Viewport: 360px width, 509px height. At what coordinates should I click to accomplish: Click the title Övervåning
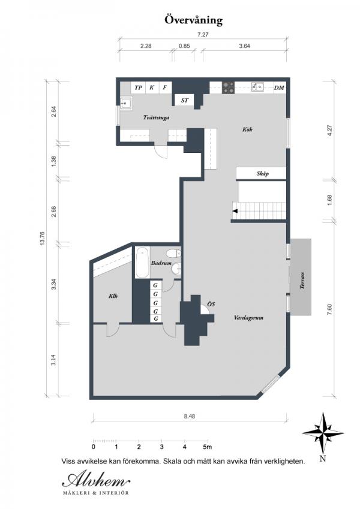194,20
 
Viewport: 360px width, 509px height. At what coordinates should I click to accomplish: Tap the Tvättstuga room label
156,117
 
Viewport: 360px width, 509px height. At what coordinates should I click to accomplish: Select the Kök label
247,129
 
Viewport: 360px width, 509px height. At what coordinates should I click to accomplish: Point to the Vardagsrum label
248,318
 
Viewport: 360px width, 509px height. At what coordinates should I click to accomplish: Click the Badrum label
161,263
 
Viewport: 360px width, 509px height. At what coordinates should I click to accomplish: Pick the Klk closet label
113,296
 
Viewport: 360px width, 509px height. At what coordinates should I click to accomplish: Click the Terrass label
302,281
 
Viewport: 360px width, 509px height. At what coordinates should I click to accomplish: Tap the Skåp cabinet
261,173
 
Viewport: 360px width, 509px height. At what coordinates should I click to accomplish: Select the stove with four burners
229,88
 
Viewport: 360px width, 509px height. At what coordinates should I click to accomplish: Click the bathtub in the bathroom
142,263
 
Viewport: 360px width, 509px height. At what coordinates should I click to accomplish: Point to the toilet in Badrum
173,253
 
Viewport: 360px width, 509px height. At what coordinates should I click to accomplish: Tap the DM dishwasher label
279,88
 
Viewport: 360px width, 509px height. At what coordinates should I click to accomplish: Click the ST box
185,100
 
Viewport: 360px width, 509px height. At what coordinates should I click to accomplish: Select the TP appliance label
139,88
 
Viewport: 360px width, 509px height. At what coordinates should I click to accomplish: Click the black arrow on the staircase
235,211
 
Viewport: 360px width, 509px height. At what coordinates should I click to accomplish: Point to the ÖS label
211,304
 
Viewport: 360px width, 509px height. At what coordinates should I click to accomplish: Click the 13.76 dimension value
43,239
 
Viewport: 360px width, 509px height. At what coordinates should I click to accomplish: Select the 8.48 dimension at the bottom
189,416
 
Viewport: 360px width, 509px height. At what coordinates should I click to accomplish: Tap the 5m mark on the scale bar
207,447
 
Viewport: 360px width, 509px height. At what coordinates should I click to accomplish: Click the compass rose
323,433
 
